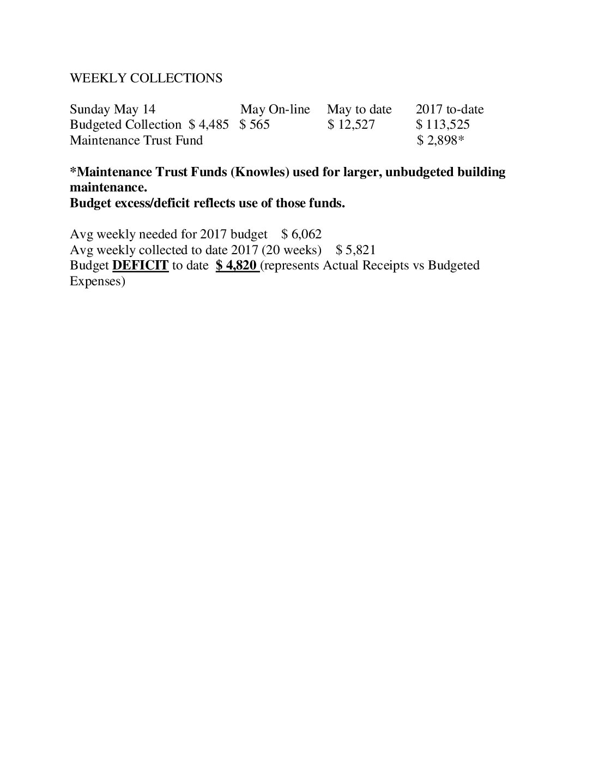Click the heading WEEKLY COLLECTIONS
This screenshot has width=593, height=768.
pyautogui.click(x=146, y=78)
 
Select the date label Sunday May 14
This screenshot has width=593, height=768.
pyautogui.click(x=112, y=109)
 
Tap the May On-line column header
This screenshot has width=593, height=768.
pyautogui.click(x=275, y=109)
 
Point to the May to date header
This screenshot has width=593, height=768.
pyautogui.click(x=359, y=109)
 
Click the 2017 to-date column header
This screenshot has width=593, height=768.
pyautogui.click(x=450, y=109)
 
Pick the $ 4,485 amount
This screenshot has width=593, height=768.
pyautogui.click(x=209, y=124)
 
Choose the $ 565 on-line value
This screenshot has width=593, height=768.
pyautogui.click(x=255, y=124)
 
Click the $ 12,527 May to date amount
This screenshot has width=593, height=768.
pyautogui.click(x=351, y=124)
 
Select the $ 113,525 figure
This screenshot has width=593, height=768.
pyautogui.click(x=443, y=124)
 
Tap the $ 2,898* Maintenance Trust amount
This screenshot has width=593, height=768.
pyautogui.click(x=440, y=140)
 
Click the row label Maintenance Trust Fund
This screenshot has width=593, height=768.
pyautogui.click(x=136, y=140)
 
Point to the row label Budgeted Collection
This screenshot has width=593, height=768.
pyautogui.click(x=126, y=124)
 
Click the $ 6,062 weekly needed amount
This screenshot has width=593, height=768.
pyautogui.click(x=301, y=234)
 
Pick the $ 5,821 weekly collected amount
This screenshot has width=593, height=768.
pyautogui.click(x=355, y=250)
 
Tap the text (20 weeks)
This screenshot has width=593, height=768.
pyautogui.click(x=292, y=250)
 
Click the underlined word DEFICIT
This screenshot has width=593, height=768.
pyautogui.click(x=140, y=266)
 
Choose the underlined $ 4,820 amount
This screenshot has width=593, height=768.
pyautogui.click(x=237, y=266)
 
